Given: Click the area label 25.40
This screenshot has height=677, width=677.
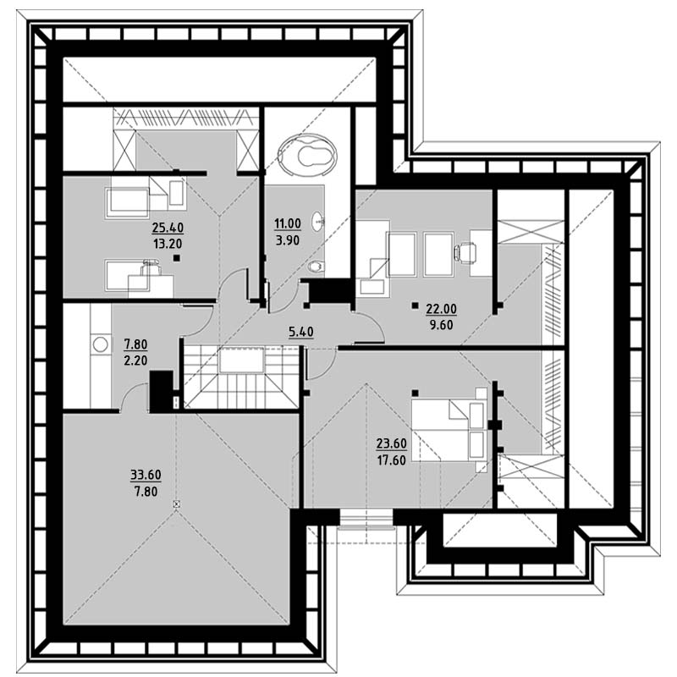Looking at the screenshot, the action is [168, 227].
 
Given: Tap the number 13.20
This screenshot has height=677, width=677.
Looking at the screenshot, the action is [168, 244].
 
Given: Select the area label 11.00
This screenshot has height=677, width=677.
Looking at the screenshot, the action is [288, 223].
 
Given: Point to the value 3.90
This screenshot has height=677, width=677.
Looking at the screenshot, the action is [288, 240].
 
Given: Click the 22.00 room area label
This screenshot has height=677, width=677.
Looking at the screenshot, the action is [441, 309].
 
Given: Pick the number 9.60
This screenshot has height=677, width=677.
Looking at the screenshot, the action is [441, 325].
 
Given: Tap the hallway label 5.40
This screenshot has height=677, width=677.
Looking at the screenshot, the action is [301, 332].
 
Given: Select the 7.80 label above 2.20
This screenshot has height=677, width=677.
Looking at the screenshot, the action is [135, 344].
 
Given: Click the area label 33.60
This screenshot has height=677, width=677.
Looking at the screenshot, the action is [146, 475].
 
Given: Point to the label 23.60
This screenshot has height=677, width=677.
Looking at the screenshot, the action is [392, 443].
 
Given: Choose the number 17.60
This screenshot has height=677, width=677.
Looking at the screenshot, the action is [392, 460].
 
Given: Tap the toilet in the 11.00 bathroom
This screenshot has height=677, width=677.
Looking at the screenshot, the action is [316, 267].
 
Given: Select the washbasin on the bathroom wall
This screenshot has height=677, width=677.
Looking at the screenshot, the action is [318, 222].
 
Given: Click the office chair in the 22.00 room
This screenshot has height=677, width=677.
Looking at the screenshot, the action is [465, 251].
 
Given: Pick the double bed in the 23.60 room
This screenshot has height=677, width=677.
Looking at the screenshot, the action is [449, 430].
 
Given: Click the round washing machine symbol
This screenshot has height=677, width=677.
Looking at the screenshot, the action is [101, 344].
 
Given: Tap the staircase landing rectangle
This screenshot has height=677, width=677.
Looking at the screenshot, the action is [241, 360].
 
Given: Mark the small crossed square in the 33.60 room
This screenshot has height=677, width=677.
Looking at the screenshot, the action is [176, 504].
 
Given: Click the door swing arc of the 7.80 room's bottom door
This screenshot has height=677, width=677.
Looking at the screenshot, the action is [129, 390].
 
